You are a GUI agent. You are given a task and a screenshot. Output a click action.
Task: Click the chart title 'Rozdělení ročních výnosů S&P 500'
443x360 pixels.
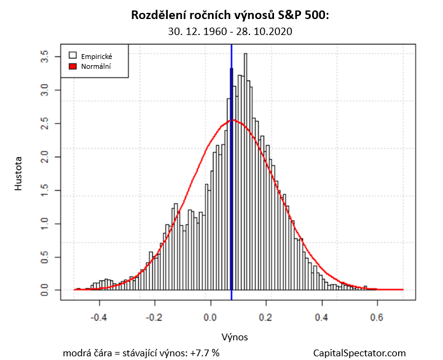pos(230,15)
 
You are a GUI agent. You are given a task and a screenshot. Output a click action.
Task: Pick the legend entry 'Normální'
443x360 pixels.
pos(96,65)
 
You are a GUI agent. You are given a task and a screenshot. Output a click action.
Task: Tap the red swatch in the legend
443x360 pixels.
pos(73,65)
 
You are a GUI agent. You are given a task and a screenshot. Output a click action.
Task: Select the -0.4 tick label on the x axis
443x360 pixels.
pos(99,318)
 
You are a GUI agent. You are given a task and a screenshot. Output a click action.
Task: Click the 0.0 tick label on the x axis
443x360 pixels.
pos(211,318)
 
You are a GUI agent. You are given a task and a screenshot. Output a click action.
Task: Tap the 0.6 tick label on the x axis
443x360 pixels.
pos(377,318)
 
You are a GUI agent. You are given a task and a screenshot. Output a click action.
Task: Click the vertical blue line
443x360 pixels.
pos(232,184)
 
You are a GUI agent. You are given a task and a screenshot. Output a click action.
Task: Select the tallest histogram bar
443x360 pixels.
pos(245,172)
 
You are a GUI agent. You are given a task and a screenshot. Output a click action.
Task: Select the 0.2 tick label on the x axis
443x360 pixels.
pos(266,318)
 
